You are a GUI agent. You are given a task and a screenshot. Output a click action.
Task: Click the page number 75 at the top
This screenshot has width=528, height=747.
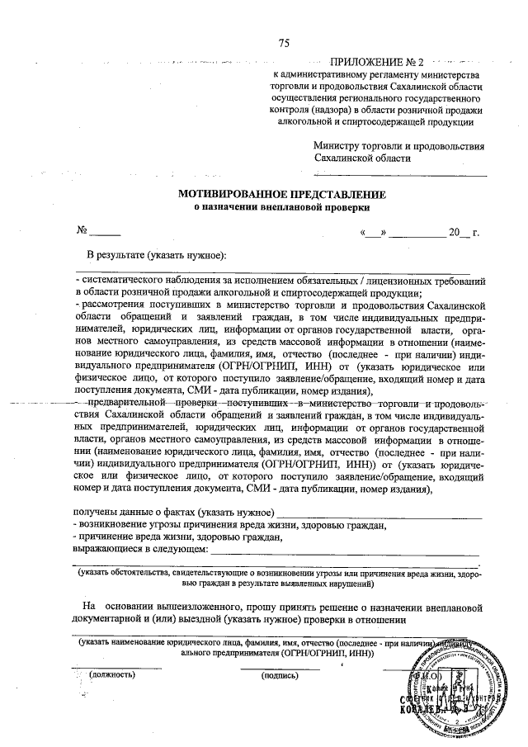pos(284,43)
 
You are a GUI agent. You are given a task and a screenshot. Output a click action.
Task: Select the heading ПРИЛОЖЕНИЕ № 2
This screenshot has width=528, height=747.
pos(375,63)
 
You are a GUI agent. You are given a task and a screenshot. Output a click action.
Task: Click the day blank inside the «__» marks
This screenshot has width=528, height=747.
pos(371,233)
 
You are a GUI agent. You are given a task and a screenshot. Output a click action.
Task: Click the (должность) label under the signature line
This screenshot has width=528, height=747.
pos(113,674)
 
